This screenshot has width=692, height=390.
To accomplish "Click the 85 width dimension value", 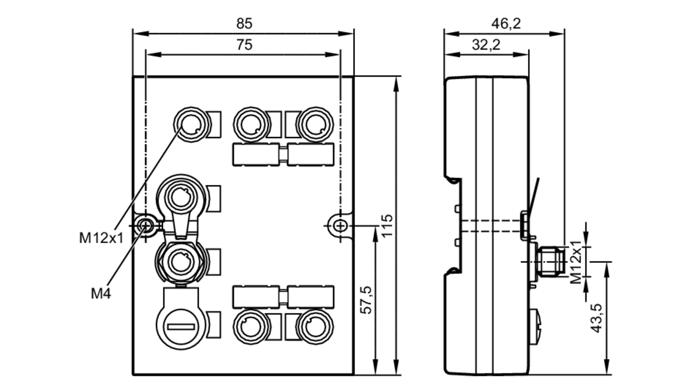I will tap(244, 24).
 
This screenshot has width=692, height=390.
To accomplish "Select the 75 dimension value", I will tap(244, 45).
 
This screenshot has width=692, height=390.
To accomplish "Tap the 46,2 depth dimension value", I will tap(506, 24).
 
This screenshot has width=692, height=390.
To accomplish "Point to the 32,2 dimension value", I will tap(486, 45).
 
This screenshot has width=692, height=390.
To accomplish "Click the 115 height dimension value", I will tap(387, 226).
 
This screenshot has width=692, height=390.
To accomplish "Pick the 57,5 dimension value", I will tap(366, 300).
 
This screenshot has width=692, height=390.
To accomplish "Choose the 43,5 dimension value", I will tap(597, 318).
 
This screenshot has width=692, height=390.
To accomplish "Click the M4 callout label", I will tap(101, 294).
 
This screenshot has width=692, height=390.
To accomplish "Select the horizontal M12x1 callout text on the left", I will tap(101, 238).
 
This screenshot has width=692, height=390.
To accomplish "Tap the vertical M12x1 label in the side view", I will tap(576, 262).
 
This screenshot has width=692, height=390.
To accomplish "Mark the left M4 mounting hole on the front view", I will tap(145, 226).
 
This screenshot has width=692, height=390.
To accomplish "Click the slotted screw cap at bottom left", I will tap(181, 326).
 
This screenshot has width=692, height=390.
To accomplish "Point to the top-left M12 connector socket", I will tap(192, 124).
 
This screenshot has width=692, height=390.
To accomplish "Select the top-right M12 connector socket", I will tap(315, 124).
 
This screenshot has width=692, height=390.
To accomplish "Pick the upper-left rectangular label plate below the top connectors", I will tap(256, 154).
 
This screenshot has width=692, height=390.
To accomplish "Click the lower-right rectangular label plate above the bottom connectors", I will tap(311, 297).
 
